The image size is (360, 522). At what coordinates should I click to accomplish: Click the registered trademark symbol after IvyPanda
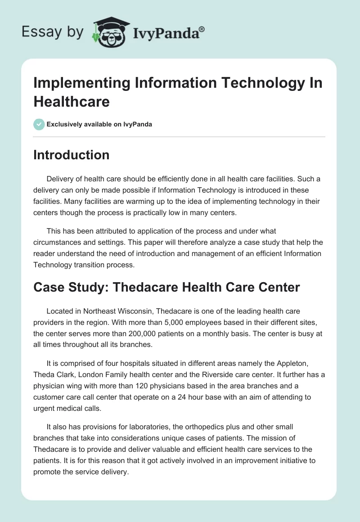click(202, 28)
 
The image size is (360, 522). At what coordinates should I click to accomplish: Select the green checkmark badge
click(39, 124)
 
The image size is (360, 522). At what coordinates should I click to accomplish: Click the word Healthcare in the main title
click(72, 102)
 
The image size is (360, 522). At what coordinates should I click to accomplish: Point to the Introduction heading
click(72, 155)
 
